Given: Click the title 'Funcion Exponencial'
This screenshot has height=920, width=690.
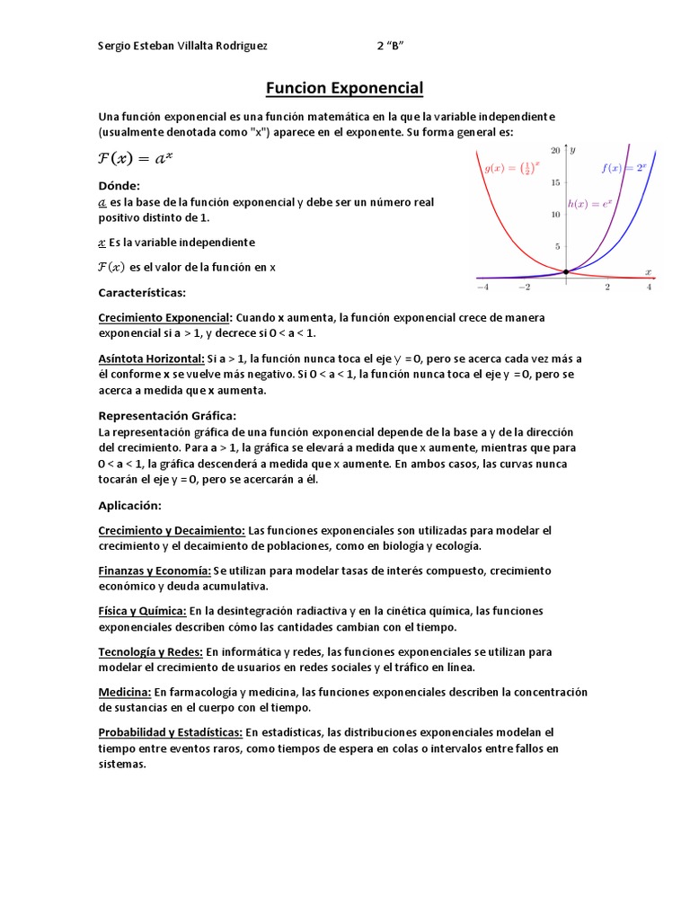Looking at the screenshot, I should [344, 88].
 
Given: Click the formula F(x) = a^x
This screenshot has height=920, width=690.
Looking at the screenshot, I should [136, 158].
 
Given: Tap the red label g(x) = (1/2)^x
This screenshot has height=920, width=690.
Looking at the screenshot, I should [512, 167].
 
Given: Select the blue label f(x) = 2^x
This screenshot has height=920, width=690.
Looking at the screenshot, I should [624, 167].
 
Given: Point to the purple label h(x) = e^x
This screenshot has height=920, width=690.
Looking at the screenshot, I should [589, 204].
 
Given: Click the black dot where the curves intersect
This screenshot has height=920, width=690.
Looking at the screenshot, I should [565, 271].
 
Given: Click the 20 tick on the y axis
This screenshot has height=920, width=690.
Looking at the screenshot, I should [556, 150].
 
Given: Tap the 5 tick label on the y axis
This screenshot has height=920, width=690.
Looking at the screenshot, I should [558, 246].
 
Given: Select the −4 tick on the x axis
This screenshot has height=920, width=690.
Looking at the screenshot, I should [482, 287].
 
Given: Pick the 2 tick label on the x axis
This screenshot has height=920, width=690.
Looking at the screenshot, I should [607, 287].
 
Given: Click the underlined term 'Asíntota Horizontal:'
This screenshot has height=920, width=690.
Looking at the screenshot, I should [152, 358].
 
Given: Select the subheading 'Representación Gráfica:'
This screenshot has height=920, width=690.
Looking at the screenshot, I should [167, 415].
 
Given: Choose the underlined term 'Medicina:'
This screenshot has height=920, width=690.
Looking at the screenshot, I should [125, 692].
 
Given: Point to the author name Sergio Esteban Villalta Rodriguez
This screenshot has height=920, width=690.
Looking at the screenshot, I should [182, 46].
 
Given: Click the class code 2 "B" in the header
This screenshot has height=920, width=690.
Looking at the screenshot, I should [395, 46].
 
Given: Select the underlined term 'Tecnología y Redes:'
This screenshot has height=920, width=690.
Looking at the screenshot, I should [151, 651].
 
